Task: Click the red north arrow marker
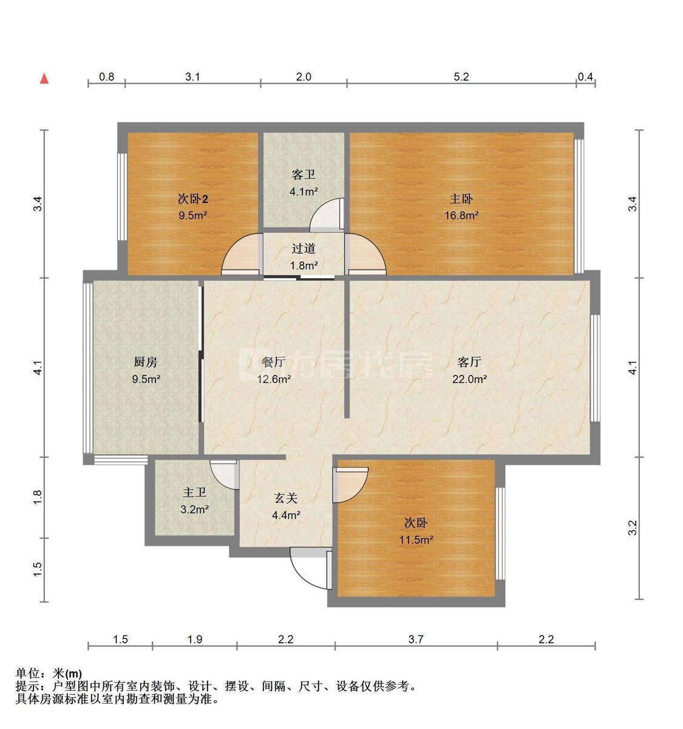[x=44, y=78]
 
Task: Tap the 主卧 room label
[x=461, y=199]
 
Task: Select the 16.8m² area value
[x=461, y=215]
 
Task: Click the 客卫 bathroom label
[x=304, y=175]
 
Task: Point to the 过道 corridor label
[x=304, y=248]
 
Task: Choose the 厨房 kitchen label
[x=146, y=362]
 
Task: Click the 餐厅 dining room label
[x=274, y=362]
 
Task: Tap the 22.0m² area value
[x=469, y=379]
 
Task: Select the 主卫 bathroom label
[x=195, y=493]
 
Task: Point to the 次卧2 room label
[x=193, y=199]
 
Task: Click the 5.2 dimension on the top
[x=461, y=77]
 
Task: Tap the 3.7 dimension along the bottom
[x=416, y=639]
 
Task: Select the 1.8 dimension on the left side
[x=38, y=497]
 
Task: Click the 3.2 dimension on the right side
[x=633, y=527]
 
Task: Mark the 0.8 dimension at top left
[x=106, y=77]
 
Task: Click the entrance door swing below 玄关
[x=307, y=566]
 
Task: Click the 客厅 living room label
[x=469, y=362]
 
